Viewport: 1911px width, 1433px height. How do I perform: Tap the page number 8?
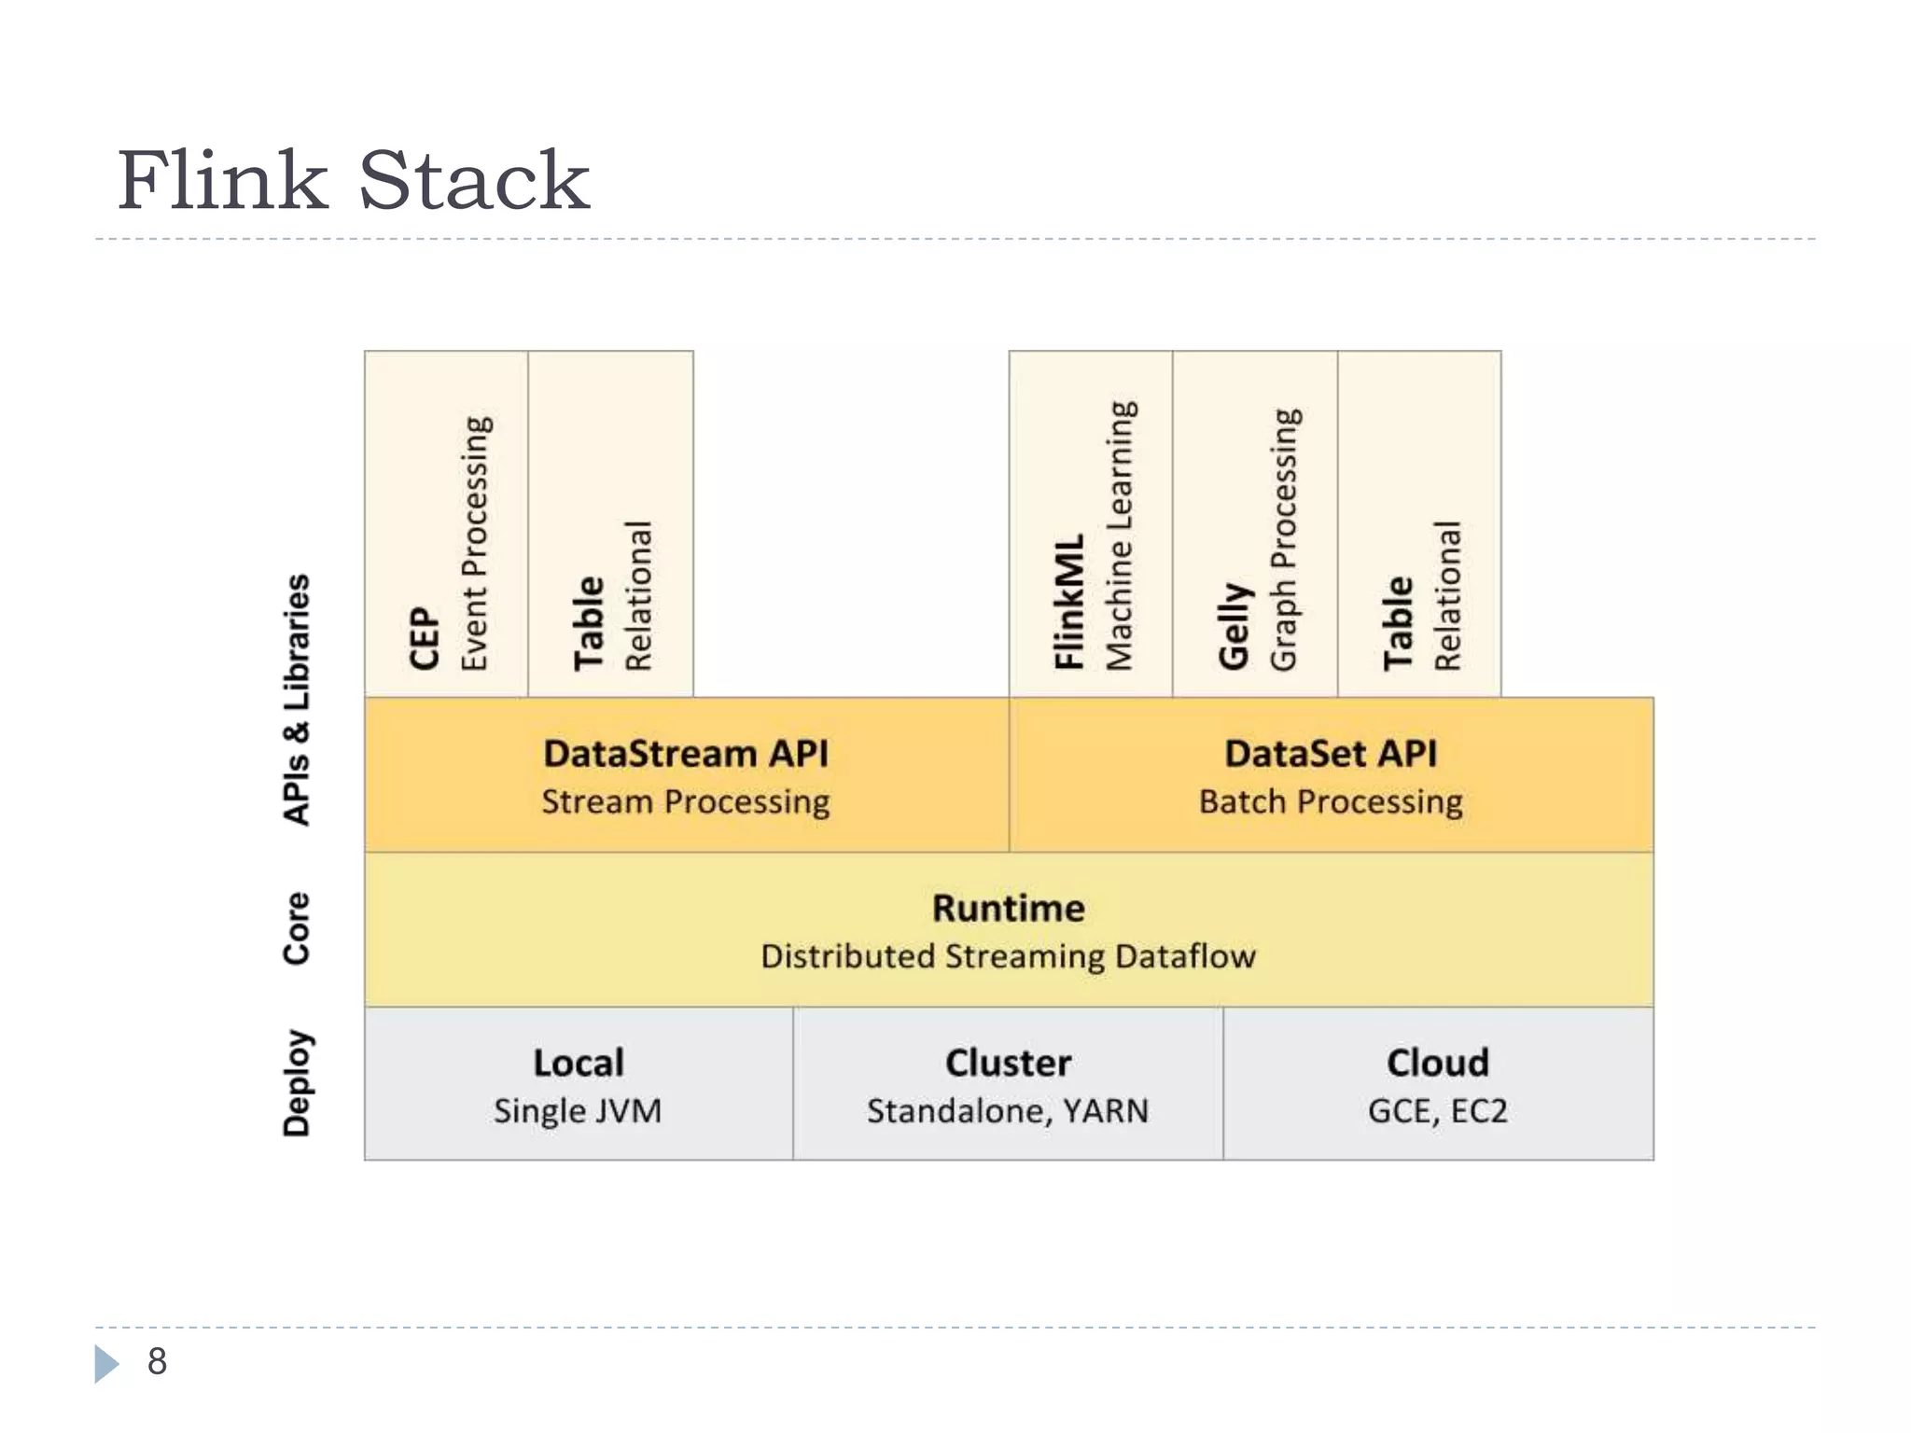[x=157, y=1361]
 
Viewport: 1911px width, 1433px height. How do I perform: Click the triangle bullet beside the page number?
[x=106, y=1363]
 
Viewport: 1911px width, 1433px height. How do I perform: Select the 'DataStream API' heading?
[x=686, y=754]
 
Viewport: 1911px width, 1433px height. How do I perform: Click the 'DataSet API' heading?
[x=1331, y=754]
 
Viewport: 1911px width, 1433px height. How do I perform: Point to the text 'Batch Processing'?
[x=1331, y=802]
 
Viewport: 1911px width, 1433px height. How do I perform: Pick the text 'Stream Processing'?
[x=686, y=802]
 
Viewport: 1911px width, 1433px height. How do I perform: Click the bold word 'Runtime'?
[x=1009, y=909]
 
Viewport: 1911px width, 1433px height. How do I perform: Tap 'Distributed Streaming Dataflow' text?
[x=1009, y=957]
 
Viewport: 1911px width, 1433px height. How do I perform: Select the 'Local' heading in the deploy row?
[x=579, y=1064]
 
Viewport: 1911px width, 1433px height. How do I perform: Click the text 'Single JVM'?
[x=579, y=1111]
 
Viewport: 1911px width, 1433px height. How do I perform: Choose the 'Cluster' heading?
[x=1009, y=1064]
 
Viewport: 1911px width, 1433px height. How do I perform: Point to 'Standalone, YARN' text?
[x=1009, y=1111]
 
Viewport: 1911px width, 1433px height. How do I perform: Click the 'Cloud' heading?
[x=1438, y=1064]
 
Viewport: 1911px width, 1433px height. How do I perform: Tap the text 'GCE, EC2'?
[x=1438, y=1111]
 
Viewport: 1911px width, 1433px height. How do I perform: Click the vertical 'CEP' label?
[x=425, y=638]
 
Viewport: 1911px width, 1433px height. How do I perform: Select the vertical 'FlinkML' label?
[x=1069, y=602]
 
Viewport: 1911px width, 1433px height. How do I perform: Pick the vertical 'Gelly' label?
[x=1234, y=626]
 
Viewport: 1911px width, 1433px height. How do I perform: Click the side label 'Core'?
[x=297, y=928]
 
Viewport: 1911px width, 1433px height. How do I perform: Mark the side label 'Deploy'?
[x=297, y=1083]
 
